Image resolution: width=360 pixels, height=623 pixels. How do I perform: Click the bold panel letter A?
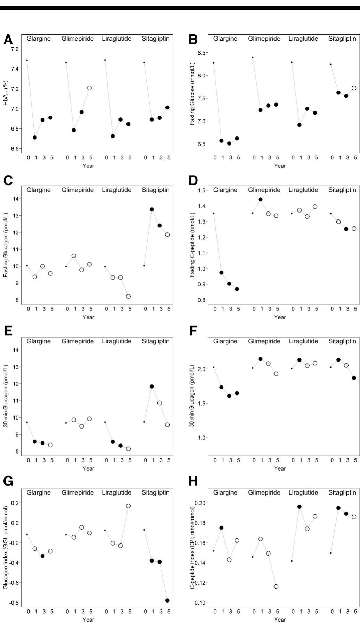[8, 40]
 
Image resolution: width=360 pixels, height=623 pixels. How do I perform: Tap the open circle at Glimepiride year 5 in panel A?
[89, 88]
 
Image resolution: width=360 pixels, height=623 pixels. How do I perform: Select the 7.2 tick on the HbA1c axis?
[15, 89]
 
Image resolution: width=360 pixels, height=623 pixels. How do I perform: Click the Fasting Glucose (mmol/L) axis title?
[192, 94]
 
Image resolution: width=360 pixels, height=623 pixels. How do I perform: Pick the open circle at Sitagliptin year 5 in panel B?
[354, 88]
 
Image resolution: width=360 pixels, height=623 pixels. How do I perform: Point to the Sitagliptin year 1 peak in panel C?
[152, 209]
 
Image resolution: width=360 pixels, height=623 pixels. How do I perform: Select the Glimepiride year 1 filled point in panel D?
[260, 199]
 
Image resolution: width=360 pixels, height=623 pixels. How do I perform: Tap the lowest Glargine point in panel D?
[237, 289]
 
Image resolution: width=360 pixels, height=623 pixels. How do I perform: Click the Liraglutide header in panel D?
[303, 190]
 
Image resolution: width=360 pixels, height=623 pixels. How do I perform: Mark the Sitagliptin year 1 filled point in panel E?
[152, 386]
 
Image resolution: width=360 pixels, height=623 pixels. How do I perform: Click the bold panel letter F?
[193, 331]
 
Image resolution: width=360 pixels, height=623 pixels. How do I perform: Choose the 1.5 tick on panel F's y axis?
[202, 403]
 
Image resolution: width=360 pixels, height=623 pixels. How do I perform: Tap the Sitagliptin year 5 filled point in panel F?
[354, 378]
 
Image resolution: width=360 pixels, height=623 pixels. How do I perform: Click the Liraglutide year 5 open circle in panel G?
[128, 506]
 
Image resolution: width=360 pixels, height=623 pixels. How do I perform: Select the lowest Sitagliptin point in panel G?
[167, 600]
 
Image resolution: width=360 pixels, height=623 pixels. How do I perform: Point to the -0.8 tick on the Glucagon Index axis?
[15, 603]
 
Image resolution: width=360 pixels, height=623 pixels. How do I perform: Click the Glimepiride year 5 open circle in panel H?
[276, 587]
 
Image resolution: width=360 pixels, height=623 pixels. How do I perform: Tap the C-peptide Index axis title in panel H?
[192, 547]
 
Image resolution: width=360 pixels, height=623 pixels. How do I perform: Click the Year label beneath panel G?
[88, 620]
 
